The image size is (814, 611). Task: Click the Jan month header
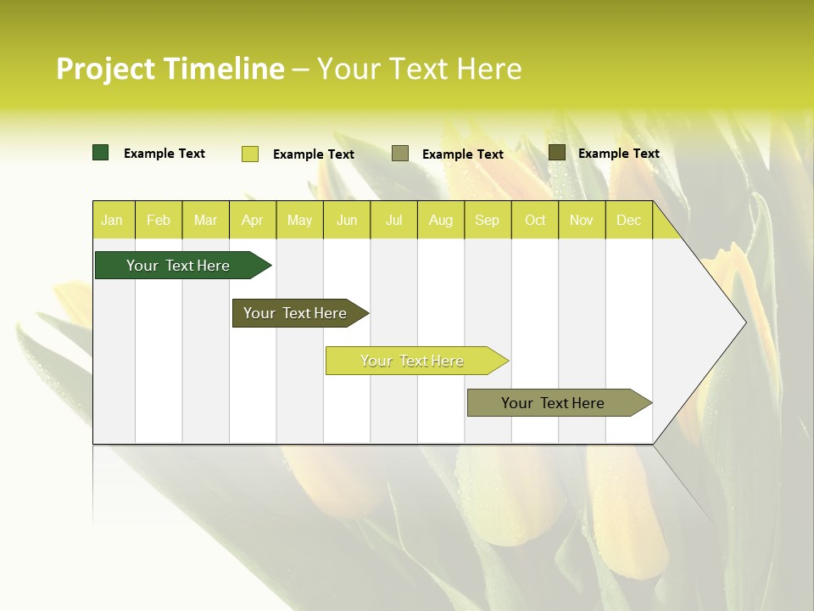(x=112, y=221)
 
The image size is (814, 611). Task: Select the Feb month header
(x=159, y=221)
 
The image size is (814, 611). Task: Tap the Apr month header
(x=252, y=221)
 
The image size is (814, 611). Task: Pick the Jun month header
(x=347, y=221)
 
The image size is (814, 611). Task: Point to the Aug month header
(x=440, y=221)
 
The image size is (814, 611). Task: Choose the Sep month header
(x=487, y=221)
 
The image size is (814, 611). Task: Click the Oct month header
(x=535, y=221)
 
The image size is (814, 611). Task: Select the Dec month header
(x=628, y=221)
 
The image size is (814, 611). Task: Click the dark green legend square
(x=101, y=153)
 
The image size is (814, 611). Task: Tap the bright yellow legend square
(x=250, y=154)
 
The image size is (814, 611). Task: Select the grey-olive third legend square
(x=400, y=154)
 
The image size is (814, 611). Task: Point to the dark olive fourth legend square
(x=557, y=153)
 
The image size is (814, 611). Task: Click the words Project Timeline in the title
(x=170, y=69)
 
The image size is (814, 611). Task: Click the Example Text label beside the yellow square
(x=314, y=154)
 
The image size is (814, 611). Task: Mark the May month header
(x=299, y=221)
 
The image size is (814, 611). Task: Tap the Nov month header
(x=582, y=221)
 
